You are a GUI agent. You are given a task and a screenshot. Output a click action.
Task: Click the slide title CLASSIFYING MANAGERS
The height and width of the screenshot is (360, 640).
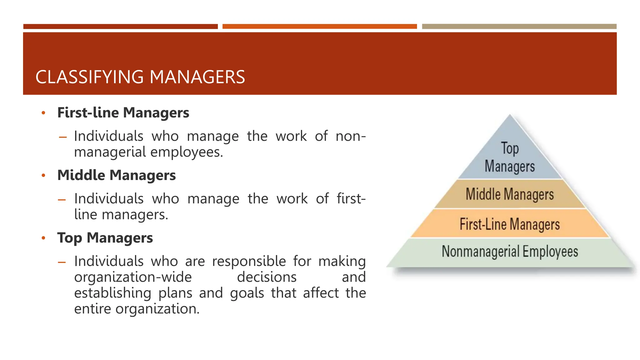click(x=140, y=77)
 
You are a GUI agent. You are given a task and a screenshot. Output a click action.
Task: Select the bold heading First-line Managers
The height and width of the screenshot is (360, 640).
click(x=123, y=112)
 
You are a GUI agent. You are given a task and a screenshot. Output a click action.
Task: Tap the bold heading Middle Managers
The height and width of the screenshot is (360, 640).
click(x=117, y=175)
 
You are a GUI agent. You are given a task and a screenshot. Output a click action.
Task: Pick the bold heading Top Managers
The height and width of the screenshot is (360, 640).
click(x=105, y=238)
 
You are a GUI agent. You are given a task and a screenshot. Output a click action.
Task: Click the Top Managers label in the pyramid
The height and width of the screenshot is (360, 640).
click(x=510, y=157)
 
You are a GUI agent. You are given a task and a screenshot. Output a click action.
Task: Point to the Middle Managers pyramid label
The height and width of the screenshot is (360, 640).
click(x=510, y=194)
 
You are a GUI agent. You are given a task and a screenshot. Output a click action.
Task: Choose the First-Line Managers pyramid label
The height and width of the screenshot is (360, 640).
click(x=510, y=224)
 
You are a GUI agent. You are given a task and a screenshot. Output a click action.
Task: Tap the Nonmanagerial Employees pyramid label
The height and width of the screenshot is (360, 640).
click(x=510, y=252)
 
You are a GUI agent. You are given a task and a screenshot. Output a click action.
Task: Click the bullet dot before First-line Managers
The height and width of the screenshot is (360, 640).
click(x=43, y=113)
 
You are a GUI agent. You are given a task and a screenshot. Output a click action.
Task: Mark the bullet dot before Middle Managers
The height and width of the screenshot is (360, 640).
click(x=43, y=175)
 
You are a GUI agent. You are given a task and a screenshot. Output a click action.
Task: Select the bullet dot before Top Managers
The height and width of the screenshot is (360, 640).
click(x=43, y=238)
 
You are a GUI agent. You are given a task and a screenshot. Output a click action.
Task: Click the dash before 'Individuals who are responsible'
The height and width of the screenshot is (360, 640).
click(x=62, y=262)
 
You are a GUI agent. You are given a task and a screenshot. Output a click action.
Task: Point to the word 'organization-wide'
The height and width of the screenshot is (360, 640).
click(x=133, y=277)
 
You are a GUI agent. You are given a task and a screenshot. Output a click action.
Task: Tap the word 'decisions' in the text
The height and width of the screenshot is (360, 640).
click(x=267, y=277)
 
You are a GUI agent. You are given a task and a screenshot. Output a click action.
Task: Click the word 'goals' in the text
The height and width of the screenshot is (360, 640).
click(x=247, y=293)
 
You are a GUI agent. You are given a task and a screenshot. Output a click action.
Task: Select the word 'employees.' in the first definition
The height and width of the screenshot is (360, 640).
click(x=187, y=152)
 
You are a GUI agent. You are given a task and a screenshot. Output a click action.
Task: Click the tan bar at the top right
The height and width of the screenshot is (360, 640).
click(x=519, y=27)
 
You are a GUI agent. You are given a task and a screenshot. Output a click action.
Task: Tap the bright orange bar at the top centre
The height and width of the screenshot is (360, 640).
click(x=319, y=27)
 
